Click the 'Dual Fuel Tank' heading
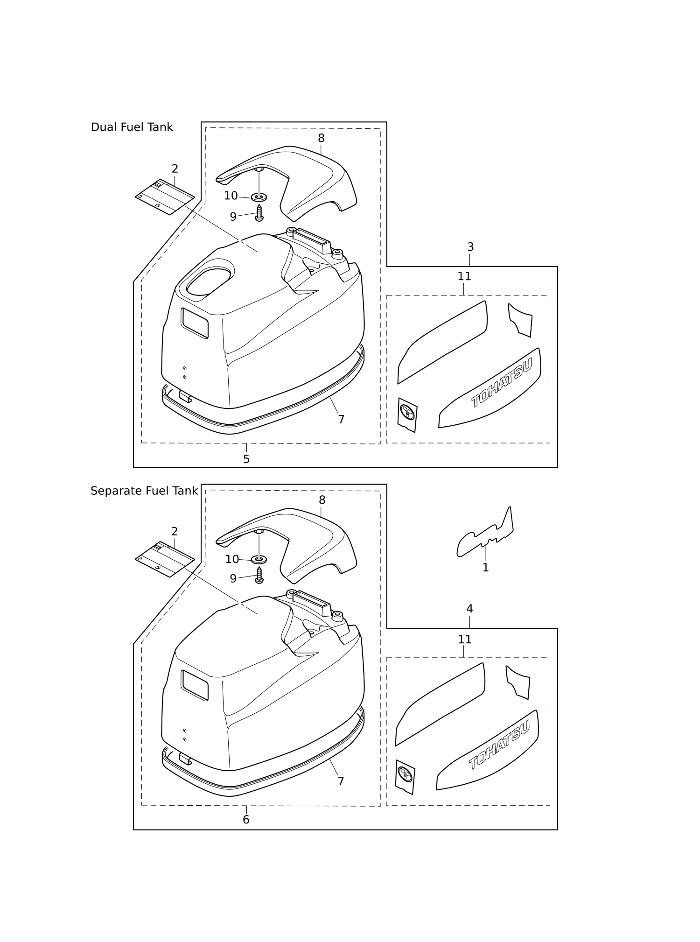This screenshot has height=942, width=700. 132,127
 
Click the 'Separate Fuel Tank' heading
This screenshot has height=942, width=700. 144,491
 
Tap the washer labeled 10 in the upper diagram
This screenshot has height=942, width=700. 259,197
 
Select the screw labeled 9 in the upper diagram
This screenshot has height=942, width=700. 259,213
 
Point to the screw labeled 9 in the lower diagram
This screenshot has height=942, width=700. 259,575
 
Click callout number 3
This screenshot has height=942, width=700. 470,247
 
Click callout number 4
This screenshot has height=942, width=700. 469,609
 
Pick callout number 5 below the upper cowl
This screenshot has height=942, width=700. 246,459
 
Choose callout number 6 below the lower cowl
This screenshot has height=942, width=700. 246,820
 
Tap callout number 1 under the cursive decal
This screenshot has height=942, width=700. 485,568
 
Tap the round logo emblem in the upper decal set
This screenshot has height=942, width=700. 407,412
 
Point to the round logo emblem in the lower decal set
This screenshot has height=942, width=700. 405,774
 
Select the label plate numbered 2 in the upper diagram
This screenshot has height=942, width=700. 165,197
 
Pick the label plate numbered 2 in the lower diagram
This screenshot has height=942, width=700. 165,559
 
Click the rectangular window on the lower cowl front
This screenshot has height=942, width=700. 195,685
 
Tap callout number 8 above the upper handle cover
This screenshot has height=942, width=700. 321,138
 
